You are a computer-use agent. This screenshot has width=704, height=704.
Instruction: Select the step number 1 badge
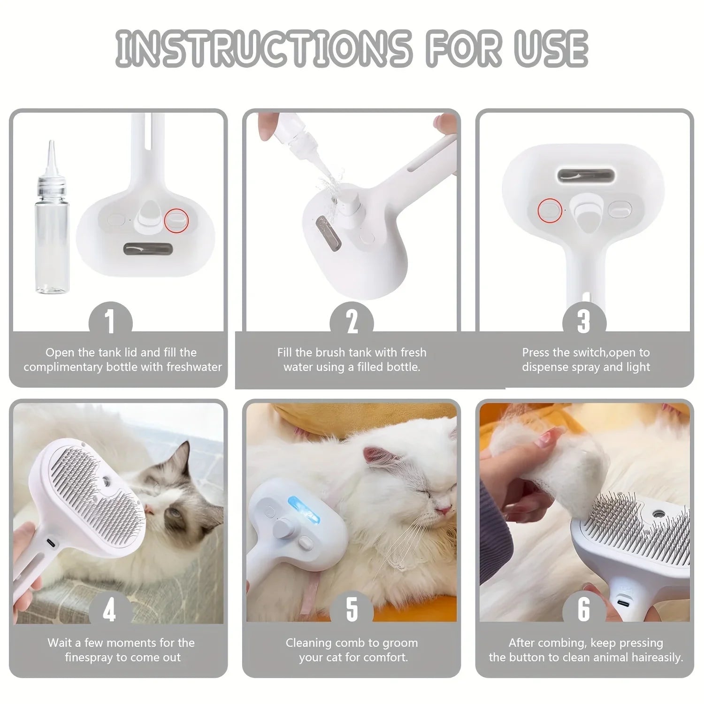(x=110, y=322)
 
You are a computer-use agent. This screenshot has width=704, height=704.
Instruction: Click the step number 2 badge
(x=352, y=322)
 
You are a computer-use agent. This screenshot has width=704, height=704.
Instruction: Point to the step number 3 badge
(x=584, y=322)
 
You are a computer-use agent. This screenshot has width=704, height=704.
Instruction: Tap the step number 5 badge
(x=352, y=610)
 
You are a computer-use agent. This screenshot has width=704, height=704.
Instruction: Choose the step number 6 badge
(x=584, y=610)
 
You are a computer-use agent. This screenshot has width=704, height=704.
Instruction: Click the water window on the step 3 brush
(x=586, y=176)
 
